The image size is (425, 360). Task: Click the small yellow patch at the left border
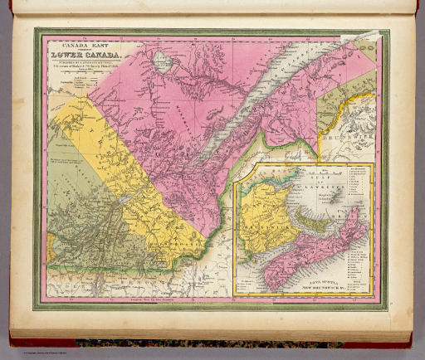51,243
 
